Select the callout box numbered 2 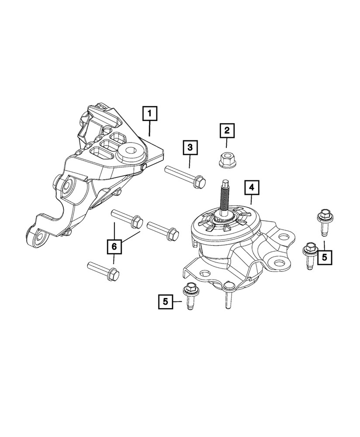click(227, 130)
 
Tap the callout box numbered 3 click(190, 148)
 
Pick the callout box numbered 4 click(251, 188)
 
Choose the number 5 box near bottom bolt click(166, 301)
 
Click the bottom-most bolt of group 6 click(104, 270)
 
